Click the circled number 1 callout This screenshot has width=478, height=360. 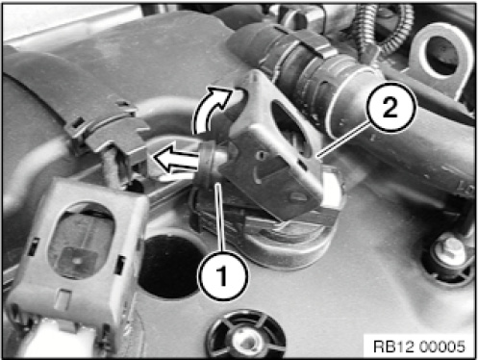click(223, 275)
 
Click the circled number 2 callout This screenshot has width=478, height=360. click(390, 107)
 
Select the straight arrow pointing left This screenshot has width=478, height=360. click(176, 158)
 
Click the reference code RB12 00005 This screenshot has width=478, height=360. click(419, 347)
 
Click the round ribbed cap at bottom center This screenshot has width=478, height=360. click(245, 335)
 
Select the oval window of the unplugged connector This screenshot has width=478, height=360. click(81, 240)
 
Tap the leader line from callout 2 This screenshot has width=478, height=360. click(342, 141)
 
